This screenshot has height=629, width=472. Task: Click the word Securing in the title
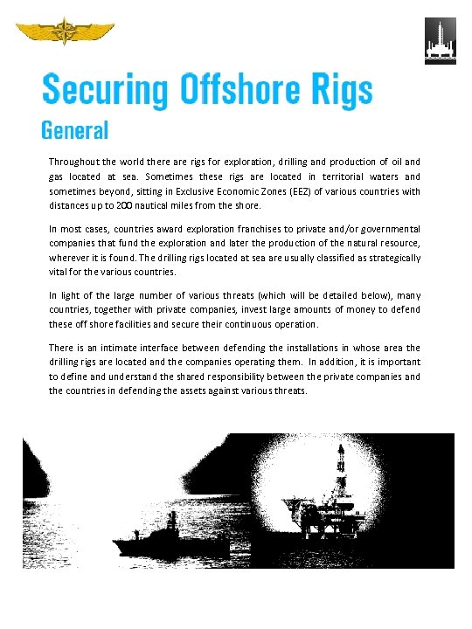(x=106, y=90)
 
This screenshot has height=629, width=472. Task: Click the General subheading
(x=75, y=131)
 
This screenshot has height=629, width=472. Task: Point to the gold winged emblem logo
(x=66, y=32)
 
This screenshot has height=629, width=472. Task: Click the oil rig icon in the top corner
(x=440, y=41)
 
